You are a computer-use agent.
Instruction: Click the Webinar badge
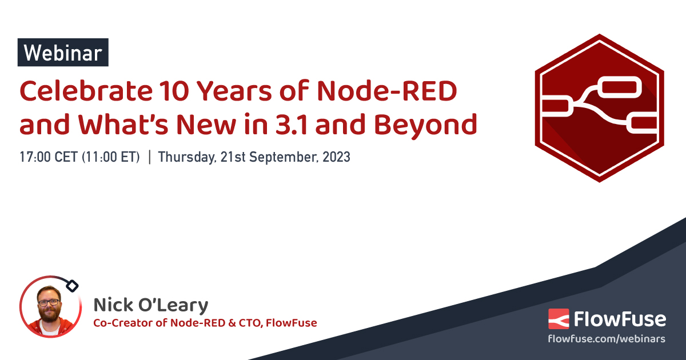point(63,53)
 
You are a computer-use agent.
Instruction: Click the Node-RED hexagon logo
point(599,108)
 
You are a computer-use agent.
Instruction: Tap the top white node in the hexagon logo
point(620,89)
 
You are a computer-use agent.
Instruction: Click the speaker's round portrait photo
point(49,307)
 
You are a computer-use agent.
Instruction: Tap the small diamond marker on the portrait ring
point(73,284)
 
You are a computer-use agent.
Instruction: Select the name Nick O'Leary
point(151,306)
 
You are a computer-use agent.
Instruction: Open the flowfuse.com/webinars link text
point(607,339)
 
